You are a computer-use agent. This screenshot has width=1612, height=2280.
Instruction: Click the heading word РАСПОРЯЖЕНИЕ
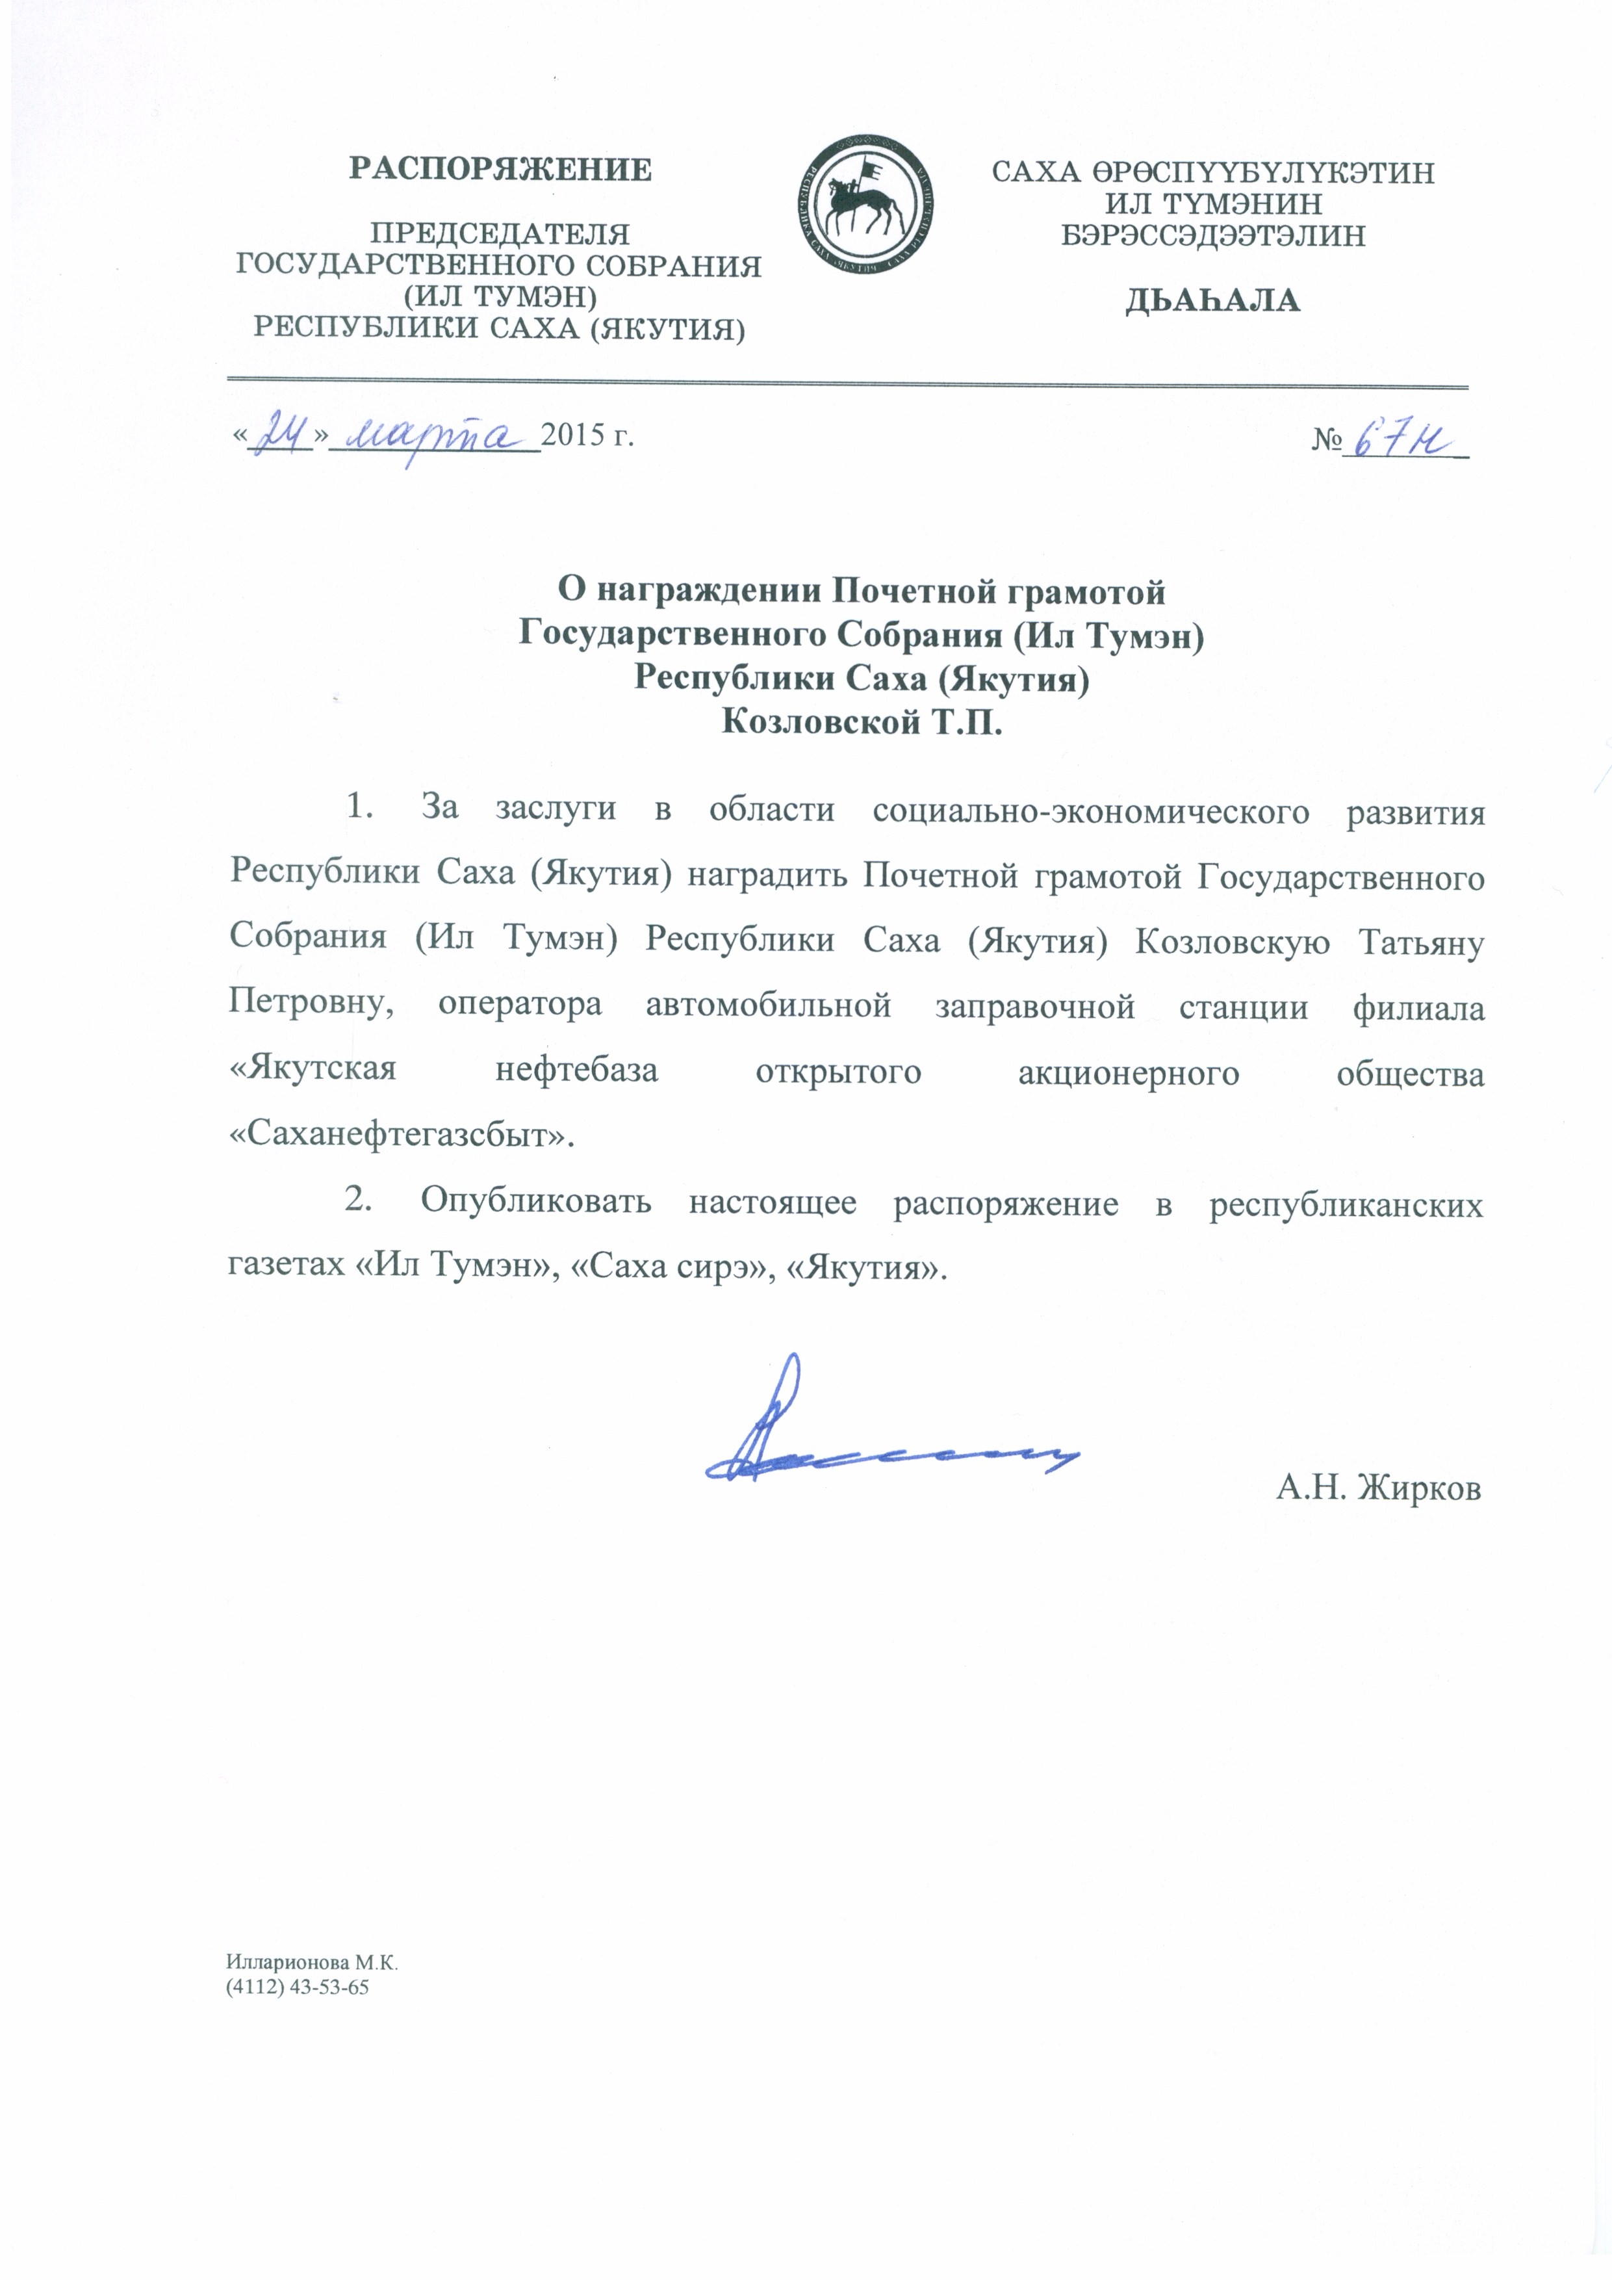coord(500,170)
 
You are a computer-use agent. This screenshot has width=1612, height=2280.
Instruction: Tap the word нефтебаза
coord(577,1070)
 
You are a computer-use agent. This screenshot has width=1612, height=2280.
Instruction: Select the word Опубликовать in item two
coord(536,1202)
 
